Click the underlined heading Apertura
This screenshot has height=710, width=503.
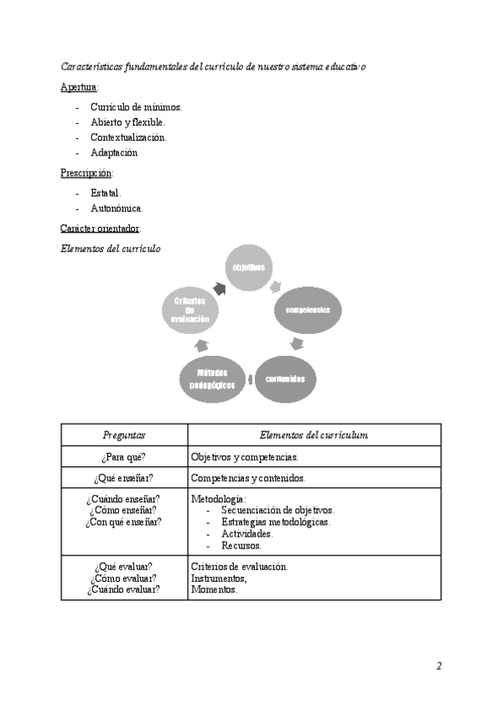79,87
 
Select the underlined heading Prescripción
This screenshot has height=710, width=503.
86,173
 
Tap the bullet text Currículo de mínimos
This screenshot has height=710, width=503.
136,107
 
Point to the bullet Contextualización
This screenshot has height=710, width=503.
128,137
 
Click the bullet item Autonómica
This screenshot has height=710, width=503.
117,208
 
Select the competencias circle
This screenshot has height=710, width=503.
308,310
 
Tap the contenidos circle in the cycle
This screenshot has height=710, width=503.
285,379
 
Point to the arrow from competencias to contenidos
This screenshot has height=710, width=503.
296,343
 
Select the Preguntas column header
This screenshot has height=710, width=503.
124,435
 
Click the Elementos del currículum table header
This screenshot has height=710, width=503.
314,435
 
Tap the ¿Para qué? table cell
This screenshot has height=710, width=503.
124,457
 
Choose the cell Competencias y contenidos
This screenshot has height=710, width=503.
247,478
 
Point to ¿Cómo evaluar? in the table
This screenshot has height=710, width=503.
124,578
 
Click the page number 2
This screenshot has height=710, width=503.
438,666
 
